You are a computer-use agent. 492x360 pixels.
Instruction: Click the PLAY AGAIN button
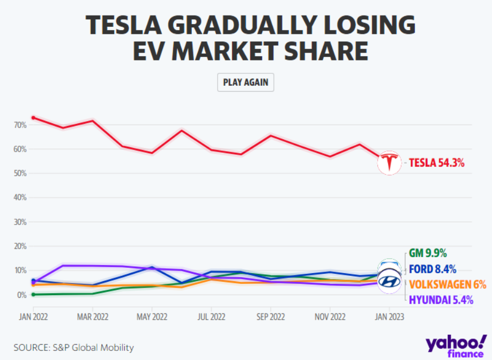coord(245,82)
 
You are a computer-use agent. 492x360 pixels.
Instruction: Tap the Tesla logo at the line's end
coord(389,163)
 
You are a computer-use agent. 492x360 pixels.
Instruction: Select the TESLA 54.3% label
coord(437,163)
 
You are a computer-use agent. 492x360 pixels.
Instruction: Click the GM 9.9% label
coord(428,253)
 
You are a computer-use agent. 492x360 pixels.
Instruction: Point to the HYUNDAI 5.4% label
coord(441,300)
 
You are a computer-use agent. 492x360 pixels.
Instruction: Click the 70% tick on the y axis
coord(20,125)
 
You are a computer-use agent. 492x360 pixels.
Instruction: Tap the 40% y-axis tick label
coord(20,198)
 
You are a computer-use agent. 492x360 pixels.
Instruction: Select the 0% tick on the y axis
coord(22,295)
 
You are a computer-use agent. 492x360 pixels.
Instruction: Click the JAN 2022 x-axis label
coord(33,317)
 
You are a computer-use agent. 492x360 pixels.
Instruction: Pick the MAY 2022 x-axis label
coord(152,317)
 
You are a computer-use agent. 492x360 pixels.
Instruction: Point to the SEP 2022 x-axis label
coord(271,317)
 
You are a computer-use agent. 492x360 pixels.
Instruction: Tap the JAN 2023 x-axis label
coord(389,317)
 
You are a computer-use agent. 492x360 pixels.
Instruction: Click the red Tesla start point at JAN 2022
coord(33,117)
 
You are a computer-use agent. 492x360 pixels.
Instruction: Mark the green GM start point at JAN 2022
coord(33,294)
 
